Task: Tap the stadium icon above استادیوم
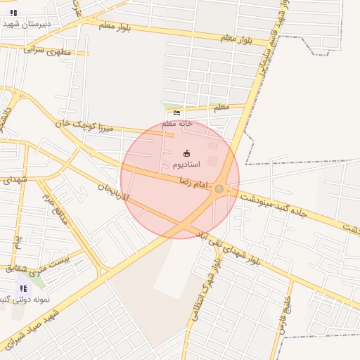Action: coord(186,153)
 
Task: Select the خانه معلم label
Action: coord(178,123)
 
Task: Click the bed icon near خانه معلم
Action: coord(176,112)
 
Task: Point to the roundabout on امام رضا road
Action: coord(219,188)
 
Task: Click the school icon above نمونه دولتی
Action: coord(23,288)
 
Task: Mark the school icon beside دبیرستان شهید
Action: coord(13,13)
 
